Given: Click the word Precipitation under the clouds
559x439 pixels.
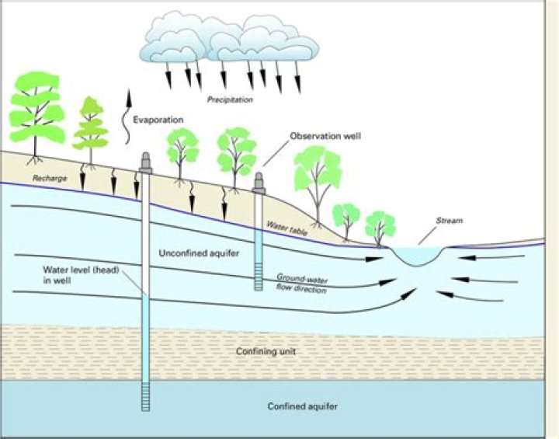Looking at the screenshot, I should pyautogui.click(x=230, y=99).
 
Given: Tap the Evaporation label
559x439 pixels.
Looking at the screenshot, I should pyautogui.click(x=158, y=120).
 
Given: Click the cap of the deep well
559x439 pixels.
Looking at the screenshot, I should pyautogui.click(x=145, y=162).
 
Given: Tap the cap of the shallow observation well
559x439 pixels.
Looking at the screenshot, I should pyautogui.click(x=260, y=183).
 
